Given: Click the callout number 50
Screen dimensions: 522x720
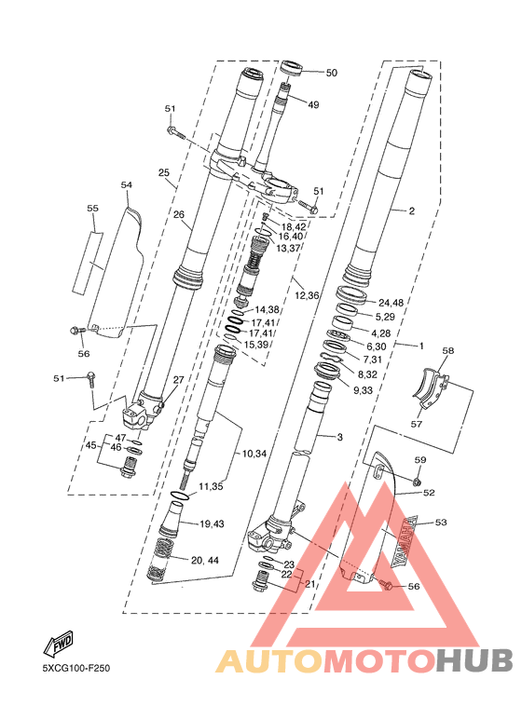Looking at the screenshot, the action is coord(331,73).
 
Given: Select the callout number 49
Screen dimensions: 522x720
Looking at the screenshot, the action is coord(313,104).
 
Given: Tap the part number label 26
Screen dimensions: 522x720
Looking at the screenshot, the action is coord(179,214).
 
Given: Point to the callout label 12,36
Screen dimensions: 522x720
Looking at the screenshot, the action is coord(307,294).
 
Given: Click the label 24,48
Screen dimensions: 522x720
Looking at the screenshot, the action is coord(391,303).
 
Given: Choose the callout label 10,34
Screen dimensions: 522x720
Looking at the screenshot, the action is coord(254,455).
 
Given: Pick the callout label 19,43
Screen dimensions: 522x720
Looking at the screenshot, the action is coord(212,523).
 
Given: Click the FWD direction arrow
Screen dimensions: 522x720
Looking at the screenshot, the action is coord(59,643).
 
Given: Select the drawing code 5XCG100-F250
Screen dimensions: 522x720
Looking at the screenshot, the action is coord(76,668).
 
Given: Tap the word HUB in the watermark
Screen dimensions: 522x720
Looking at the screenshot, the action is coord(474,661).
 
